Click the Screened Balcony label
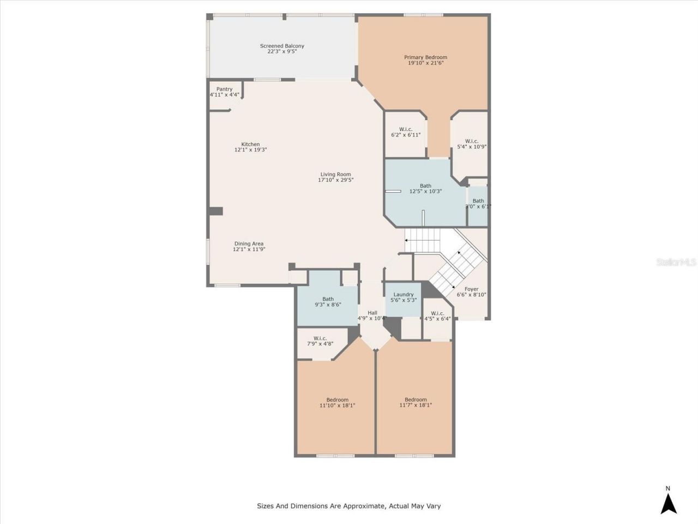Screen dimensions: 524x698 point(282,46)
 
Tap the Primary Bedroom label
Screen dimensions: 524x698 point(425,57)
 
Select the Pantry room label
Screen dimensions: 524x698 point(224,89)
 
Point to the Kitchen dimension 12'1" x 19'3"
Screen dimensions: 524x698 point(250,150)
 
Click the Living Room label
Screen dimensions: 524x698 point(335,174)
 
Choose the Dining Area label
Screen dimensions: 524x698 point(249,244)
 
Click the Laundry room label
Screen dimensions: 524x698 point(404,295)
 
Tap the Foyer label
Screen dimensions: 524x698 point(471,289)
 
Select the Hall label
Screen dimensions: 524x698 point(372,313)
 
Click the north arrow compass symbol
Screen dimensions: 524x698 point(669,502)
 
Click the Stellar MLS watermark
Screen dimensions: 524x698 point(676,262)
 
